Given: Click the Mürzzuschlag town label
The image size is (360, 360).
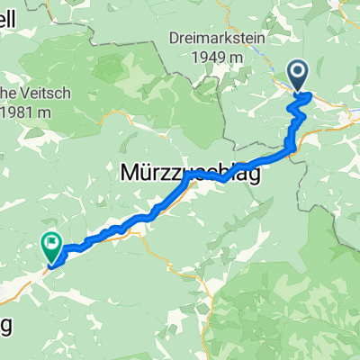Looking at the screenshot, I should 190,174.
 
